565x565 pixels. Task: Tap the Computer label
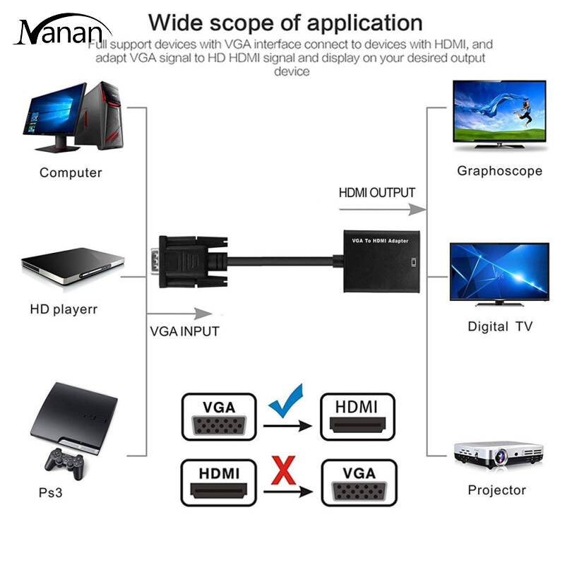[x=71, y=172]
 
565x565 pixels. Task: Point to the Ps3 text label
[x=51, y=492]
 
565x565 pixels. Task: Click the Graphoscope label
[x=499, y=170]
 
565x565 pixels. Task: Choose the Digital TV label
[x=500, y=326]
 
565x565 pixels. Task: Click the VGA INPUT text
[x=184, y=331]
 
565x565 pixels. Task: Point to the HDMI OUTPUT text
[x=377, y=192]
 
